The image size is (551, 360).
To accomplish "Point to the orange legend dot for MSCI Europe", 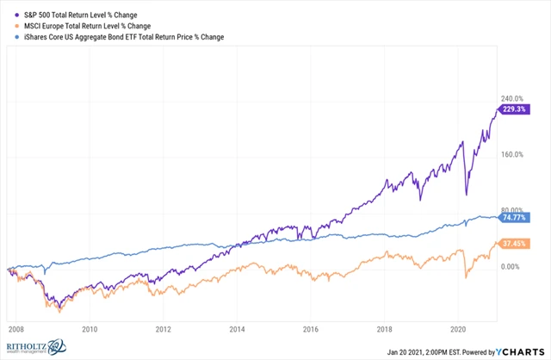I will click(8, 27).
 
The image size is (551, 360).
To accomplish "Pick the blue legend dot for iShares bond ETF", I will click(8, 37).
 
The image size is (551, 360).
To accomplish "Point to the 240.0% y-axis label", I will click(513, 98).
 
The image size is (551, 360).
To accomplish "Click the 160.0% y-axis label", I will click(513, 154).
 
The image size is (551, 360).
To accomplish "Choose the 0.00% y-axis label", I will click(511, 267).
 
